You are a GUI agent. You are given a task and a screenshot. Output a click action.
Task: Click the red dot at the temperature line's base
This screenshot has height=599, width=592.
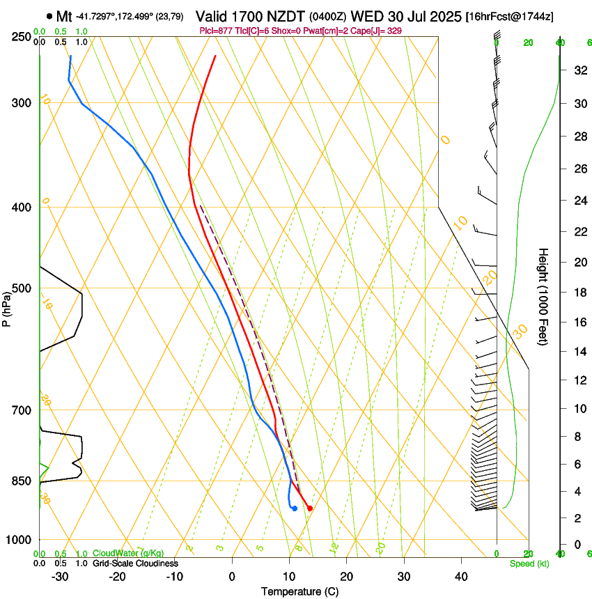click(309, 508)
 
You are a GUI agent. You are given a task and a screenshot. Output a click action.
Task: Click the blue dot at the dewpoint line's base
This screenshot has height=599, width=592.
click(295, 508)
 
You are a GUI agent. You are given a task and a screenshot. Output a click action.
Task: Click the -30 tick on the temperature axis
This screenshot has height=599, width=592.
click(60, 577)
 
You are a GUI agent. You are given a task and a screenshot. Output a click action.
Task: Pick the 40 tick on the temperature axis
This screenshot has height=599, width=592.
click(461, 577)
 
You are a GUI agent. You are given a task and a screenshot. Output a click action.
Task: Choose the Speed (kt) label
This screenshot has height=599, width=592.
click(529, 563)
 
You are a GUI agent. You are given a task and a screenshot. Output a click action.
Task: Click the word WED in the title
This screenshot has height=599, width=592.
click(364, 16)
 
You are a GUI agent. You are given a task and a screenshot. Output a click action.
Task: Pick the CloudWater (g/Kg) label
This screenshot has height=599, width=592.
click(128, 554)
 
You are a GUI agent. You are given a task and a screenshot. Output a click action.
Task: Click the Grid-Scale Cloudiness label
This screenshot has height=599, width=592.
click(135, 563)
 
